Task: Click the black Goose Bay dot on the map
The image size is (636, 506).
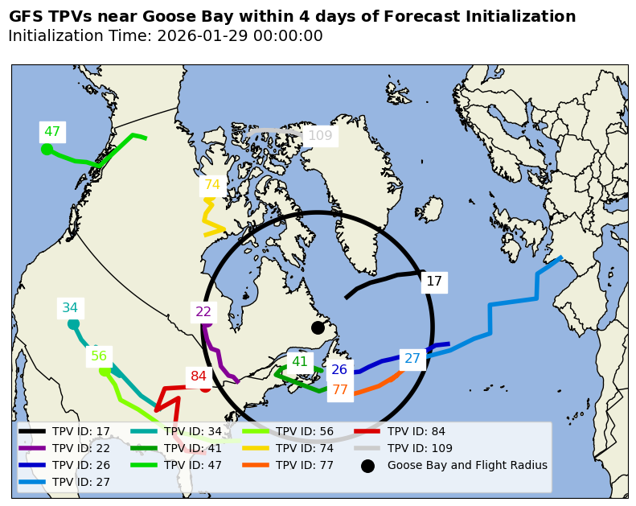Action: coord(318,327)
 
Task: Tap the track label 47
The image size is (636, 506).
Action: coord(52,132)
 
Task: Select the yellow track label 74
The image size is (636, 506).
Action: coord(211,185)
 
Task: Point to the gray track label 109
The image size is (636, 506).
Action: coord(320,136)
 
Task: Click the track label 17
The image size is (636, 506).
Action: coord(434,282)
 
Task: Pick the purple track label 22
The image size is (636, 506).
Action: coord(203,312)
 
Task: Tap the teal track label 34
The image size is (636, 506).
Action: coord(70,308)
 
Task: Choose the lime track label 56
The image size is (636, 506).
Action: coord(99,356)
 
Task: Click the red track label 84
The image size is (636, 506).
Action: coord(199,376)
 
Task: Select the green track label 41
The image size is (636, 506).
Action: coord(300,362)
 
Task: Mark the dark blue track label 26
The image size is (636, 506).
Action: coord(339,370)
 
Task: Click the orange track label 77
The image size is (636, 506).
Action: coord(340,390)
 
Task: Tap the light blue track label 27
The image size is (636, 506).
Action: coord(412,359)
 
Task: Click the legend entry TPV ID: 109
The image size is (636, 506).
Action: coord(420,448)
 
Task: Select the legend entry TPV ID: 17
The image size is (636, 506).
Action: coord(80,431)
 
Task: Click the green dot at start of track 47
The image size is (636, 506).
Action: coord(47,149)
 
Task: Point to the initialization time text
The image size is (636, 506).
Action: coord(165,36)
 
